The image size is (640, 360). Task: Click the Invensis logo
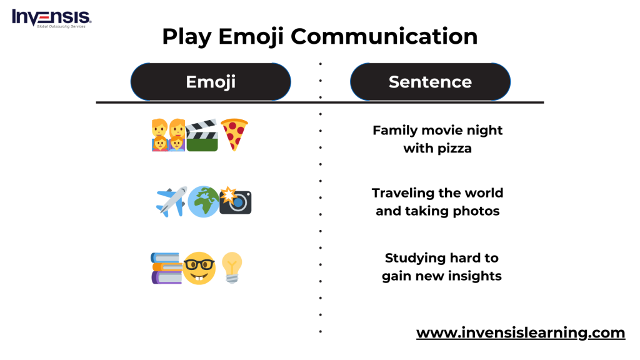(51, 18)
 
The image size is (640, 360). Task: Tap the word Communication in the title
(384, 36)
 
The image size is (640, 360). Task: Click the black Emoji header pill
(211, 82)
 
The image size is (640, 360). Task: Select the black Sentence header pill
(430, 82)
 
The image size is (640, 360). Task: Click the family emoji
(168, 135)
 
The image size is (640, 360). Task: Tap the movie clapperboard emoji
(202, 135)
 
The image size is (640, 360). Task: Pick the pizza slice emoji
(234, 135)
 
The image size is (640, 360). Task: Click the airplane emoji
(171, 202)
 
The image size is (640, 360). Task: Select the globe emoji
(203, 202)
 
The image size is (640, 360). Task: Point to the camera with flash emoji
(236, 201)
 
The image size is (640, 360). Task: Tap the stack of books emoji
(166, 267)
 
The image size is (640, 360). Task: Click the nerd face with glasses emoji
(199, 268)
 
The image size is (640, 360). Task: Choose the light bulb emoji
(232, 267)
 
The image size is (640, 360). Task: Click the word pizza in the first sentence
(454, 149)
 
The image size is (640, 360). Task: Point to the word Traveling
(403, 193)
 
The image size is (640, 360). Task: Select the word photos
(476, 211)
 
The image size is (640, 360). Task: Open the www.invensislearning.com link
(521, 332)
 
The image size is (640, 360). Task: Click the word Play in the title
(187, 37)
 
